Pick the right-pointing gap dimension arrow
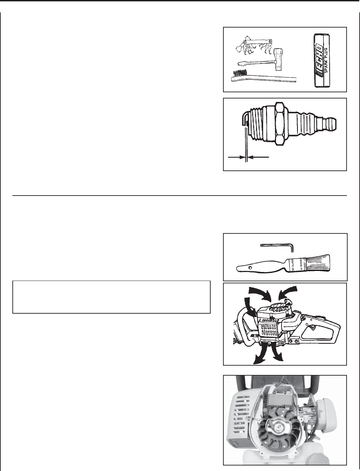click(236, 157)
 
